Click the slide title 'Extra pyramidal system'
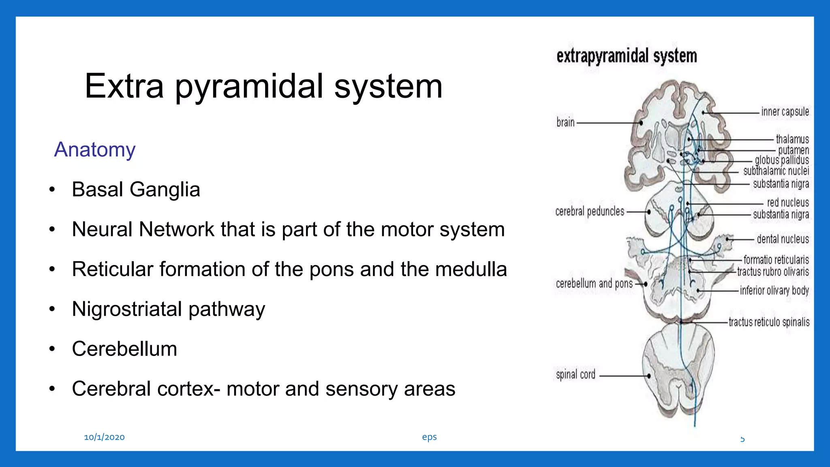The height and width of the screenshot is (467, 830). click(263, 86)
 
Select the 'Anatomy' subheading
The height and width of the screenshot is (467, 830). click(95, 150)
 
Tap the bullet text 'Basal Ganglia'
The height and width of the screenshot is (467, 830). click(136, 189)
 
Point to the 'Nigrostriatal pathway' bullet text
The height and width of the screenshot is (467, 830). click(168, 309)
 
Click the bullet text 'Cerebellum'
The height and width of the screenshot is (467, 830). click(124, 349)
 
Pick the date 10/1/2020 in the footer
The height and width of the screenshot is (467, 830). click(104, 437)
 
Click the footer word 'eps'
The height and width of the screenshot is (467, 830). click(429, 437)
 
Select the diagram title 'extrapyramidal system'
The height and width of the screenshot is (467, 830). click(627, 56)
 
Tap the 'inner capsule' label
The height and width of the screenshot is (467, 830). click(785, 111)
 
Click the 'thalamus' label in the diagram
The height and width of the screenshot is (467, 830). click(792, 139)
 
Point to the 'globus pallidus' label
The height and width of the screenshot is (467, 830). click(782, 160)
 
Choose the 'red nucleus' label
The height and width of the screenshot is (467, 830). click(788, 202)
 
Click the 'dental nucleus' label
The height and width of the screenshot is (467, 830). click(783, 239)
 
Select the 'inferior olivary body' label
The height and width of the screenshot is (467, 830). click(774, 290)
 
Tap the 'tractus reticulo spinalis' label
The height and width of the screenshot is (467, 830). click(769, 322)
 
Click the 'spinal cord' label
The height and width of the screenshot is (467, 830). click(575, 374)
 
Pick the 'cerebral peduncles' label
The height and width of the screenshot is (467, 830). click(590, 211)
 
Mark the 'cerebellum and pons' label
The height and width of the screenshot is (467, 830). click(594, 283)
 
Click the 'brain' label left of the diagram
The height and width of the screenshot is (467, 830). click(565, 122)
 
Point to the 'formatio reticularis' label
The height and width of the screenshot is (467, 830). click(776, 259)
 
